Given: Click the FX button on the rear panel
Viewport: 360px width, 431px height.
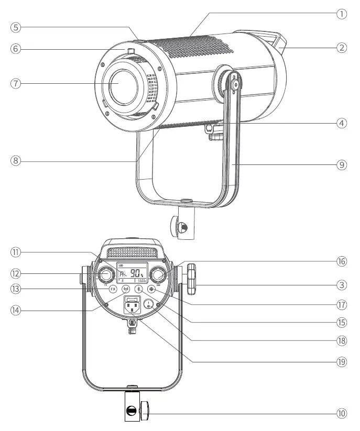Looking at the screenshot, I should pyautogui.click(x=113, y=289).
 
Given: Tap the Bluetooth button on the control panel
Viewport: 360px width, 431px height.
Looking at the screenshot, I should pyautogui.click(x=138, y=289).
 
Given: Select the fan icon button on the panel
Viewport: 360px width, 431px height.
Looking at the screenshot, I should pyautogui.click(x=152, y=289).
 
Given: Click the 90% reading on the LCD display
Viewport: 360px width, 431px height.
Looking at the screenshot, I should pyautogui.click(x=137, y=273).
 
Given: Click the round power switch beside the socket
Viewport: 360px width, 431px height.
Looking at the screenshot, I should pyautogui.click(x=149, y=304).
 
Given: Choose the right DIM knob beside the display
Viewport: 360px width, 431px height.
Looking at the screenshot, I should pyautogui.click(x=158, y=274).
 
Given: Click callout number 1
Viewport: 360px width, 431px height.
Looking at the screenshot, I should pyautogui.click(x=342, y=14).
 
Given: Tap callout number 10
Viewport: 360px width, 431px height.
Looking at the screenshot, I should pyautogui.click(x=342, y=413).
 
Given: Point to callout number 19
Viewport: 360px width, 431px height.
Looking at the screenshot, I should pyautogui.click(x=342, y=361).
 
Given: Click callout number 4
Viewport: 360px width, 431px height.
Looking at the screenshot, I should pyautogui.click(x=342, y=124).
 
